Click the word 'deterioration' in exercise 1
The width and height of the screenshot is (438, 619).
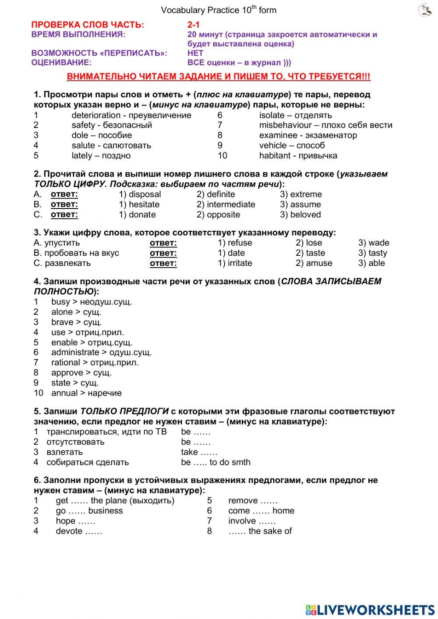click(96, 115)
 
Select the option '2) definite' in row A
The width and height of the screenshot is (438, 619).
click(215, 194)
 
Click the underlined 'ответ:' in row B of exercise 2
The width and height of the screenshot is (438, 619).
click(64, 205)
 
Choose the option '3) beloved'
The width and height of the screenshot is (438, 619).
click(300, 215)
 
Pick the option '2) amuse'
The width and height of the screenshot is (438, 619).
click(314, 263)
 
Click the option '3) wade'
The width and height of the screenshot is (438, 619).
click(374, 243)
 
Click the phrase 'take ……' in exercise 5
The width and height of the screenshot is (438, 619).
click(199, 452)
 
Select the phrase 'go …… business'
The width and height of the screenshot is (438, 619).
click(89, 511)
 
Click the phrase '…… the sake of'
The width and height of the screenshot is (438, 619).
click(260, 531)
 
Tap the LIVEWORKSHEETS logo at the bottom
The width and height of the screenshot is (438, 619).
click(370, 610)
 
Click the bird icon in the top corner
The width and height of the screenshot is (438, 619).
click(425, 10)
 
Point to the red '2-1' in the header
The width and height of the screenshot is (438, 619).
click(193, 25)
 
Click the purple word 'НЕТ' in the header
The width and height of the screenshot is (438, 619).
click(195, 53)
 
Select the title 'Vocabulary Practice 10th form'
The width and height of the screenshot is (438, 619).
click(219, 10)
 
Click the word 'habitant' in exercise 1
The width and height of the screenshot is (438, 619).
click(275, 156)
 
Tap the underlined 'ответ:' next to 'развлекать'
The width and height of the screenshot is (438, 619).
click(163, 263)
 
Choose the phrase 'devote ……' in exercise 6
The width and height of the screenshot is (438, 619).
click(79, 531)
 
